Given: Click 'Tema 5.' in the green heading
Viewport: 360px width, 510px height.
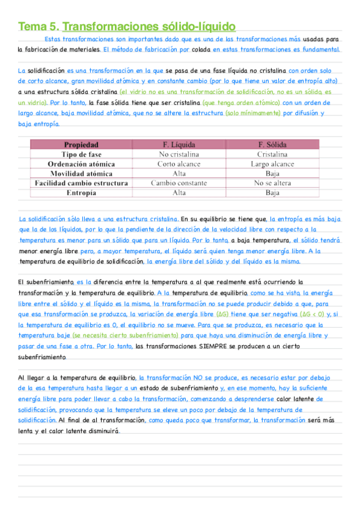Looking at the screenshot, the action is (38, 26).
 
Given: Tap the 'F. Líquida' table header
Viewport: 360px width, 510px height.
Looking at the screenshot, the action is (179, 145).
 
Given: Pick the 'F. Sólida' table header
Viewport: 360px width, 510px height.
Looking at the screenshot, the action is (272, 145).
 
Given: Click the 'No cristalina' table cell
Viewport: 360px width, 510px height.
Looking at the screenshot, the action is (179, 155).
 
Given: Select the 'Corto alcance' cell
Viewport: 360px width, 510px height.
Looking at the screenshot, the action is (179, 164).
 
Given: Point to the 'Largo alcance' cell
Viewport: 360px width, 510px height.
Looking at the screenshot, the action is (272, 164).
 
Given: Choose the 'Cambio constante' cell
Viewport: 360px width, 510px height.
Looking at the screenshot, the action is (179, 183).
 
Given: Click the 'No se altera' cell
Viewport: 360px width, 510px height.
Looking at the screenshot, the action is (272, 183).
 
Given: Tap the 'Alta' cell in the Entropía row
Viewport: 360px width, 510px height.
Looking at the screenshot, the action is (179, 193).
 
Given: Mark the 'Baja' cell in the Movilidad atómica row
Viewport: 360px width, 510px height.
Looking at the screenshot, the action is (272, 174).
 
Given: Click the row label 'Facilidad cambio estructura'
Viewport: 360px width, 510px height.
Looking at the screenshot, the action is (81, 183).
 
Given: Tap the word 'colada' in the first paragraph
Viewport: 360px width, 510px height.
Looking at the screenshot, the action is (200, 50).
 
